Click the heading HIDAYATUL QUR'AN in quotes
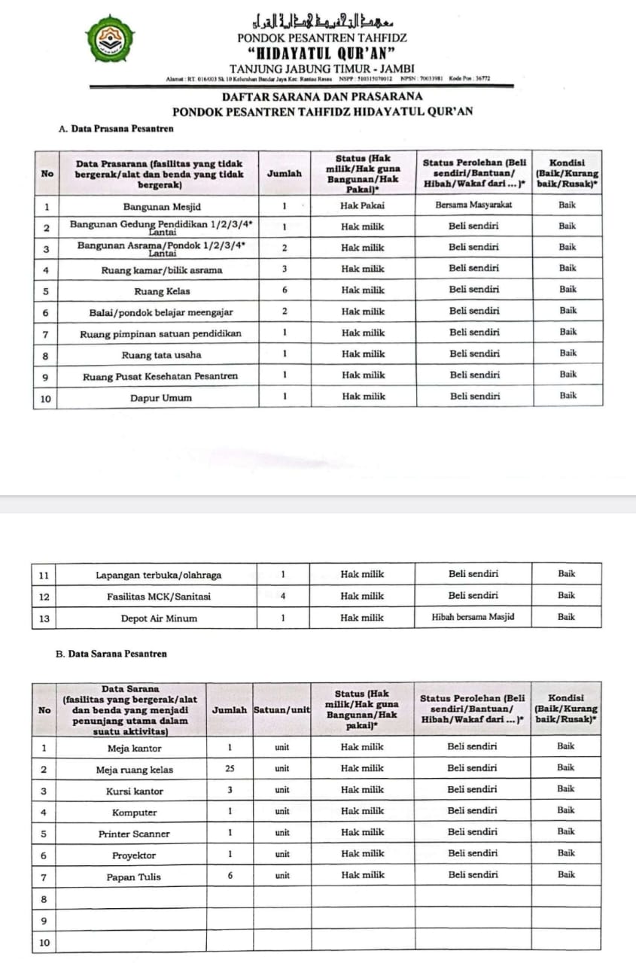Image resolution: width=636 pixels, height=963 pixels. (x=322, y=52)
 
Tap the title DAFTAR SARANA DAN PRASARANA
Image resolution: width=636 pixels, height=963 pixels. (x=322, y=96)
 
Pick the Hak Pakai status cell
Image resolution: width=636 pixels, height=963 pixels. (x=362, y=205)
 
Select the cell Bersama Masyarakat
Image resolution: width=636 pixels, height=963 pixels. (x=473, y=205)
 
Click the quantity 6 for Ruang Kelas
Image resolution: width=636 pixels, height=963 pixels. (x=285, y=290)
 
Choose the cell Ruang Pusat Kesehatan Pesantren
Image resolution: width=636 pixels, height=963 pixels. (x=160, y=376)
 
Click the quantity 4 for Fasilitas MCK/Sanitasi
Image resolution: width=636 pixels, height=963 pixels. (x=283, y=596)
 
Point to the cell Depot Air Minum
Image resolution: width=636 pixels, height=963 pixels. (x=159, y=618)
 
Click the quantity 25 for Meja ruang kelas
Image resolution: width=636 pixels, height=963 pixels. (x=230, y=769)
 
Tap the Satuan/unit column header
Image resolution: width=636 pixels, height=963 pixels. (x=282, y=709)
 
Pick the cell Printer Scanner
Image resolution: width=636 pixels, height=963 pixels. (x=134, y=834)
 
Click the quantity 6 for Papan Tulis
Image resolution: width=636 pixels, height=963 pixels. (x=230, y=876)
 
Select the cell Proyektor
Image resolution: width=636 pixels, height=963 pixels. (x=134, y=855)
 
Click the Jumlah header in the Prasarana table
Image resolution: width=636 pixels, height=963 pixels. (x=285, y=173)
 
